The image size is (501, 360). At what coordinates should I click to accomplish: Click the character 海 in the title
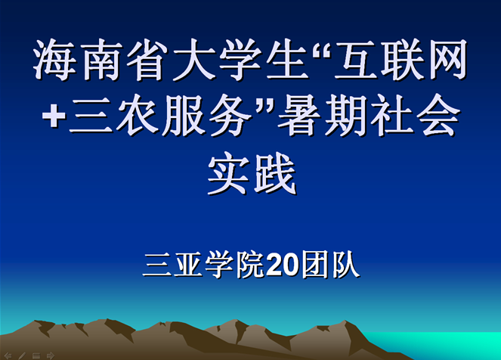pyautogui.click(x=55, y=60)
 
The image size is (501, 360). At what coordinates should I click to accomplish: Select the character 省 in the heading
pyautogui.click(x=148, y=60)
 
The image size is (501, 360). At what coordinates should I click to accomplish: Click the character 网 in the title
pyautogui.click(x=447, y=60)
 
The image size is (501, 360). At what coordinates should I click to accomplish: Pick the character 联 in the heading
pyautogui.click(x=401, y=60)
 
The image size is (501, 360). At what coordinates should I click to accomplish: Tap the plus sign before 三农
pyautogui.click(x=54, y=116)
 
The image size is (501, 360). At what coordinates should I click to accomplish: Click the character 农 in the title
pyautogui.click(x=138, y=114)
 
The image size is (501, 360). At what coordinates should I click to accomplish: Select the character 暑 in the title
pyautogui.click(x=299, y=114)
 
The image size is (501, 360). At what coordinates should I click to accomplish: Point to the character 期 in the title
pyautogui.click(x=346, y=114)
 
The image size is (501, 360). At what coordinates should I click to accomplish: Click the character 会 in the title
pyautogui.click(x=438, y=114)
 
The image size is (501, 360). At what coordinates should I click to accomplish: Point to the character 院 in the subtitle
pyautogui.click(x=250, y=265)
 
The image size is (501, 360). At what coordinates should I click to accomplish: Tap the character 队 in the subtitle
pyautogui.click(x=346, y=265)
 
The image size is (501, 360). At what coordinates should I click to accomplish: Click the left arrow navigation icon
pyautogui.click(x=8, y=355)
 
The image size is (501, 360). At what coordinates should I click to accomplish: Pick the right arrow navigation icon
pyautogui.click(x=51, y=355)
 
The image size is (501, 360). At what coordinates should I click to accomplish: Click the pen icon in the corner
pyautogui.click(x=22, y=355)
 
